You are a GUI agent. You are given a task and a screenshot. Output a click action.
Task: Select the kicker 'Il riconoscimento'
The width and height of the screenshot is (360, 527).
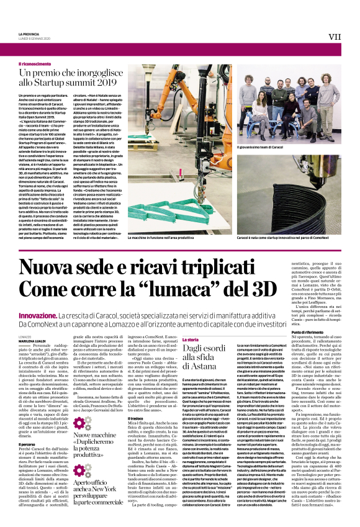35,63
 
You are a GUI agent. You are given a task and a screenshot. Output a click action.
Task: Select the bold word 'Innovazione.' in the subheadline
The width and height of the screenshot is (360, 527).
37,315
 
